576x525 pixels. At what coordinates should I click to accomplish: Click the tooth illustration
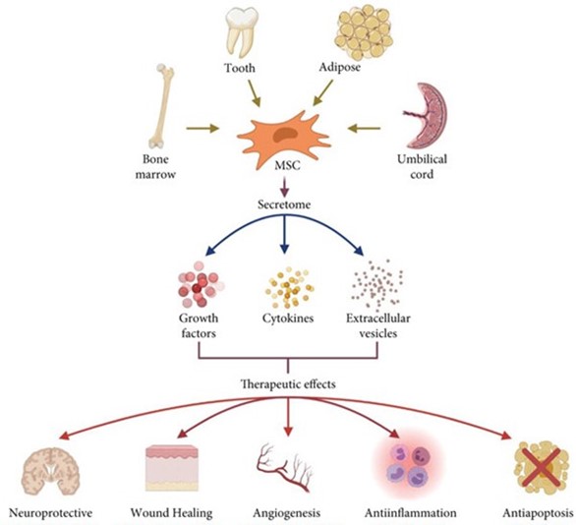[242, 32]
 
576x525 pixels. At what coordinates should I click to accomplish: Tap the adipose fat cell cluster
[365, 33]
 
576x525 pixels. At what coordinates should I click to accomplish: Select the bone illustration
[161, 106]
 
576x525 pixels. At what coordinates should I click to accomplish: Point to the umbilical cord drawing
[427, 115]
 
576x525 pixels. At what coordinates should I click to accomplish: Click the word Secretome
[284, 204]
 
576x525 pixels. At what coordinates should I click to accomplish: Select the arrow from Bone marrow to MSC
[202, 129]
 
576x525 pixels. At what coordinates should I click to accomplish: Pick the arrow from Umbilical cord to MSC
[364, 129]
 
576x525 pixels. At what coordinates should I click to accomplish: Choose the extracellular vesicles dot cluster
[376, 283]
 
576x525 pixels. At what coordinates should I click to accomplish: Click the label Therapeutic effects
[288, 384]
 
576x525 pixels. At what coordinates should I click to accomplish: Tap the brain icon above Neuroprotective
[50, 470]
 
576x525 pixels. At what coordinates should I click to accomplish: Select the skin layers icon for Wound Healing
[170, 468]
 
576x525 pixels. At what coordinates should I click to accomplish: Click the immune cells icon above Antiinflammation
[408, 465]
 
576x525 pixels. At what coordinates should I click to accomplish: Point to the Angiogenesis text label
[287, 513]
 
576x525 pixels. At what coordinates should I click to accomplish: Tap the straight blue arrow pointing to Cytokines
[284, 234]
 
